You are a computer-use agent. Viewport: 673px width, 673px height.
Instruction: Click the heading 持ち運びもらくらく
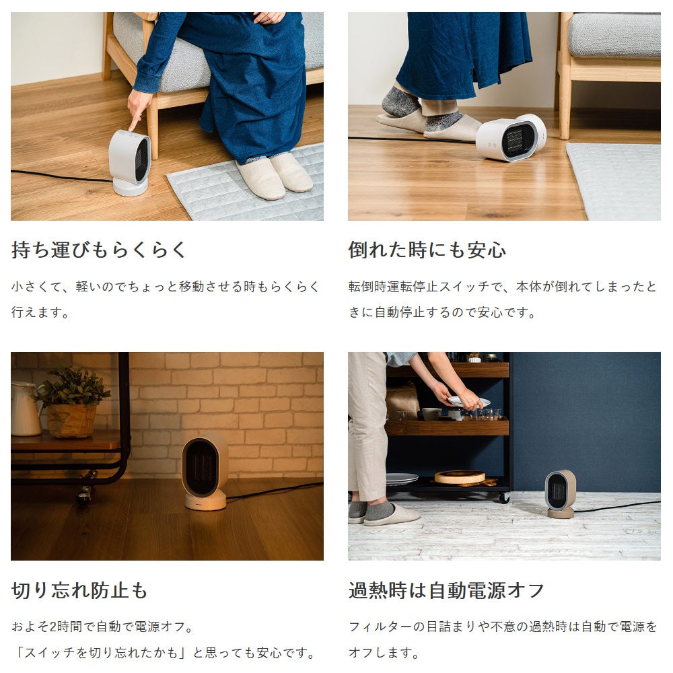click(99, 250)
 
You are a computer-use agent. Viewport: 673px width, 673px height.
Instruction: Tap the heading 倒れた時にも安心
click(427, 250)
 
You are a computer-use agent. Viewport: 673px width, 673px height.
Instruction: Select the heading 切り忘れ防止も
click(79, 591)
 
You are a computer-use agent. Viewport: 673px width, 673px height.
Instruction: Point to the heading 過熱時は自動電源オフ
click(446, 591)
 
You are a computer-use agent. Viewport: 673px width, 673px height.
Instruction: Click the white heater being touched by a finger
click(131, 162)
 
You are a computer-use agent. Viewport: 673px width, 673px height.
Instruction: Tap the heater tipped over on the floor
click(511, 139)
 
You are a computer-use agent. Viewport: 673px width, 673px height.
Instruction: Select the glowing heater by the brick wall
click(205, 471)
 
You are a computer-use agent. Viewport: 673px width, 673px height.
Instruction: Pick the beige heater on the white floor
click(560, 493)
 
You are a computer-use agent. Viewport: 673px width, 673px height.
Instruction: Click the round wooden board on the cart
click(460, 476)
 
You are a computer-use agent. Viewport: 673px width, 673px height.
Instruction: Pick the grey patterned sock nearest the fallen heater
click(446, 121)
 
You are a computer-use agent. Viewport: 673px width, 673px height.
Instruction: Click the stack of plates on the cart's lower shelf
click(402, 479)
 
